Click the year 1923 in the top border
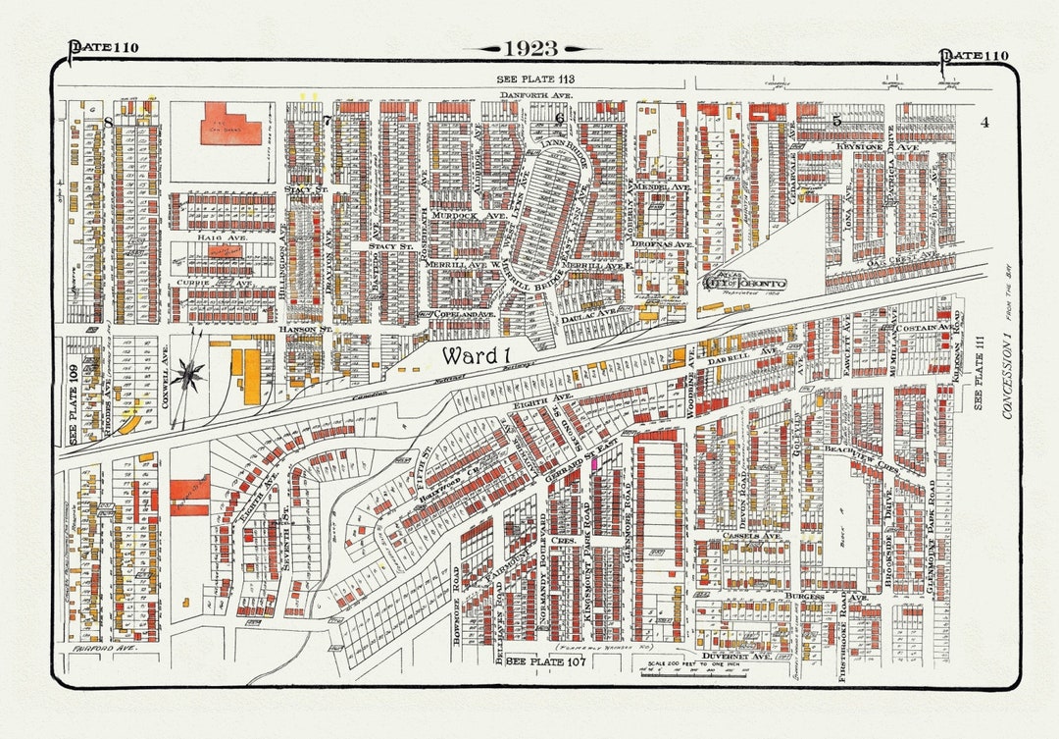pyautogui.click(x=530, y=48)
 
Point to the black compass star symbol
pyautogui.click(x=186, y=374)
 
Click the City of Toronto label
pyautogui.click(x=744, y=283)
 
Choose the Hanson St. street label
pyautogui.click(x=300, y=330)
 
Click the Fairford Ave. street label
pyautogui.click(x=102, y=649)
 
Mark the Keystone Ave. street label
pyautogui.click(x=863, y=146)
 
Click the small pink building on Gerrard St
pyautogui.click(x=594, y=462)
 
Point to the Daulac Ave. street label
pyautogui.click(x=595, y=311)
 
